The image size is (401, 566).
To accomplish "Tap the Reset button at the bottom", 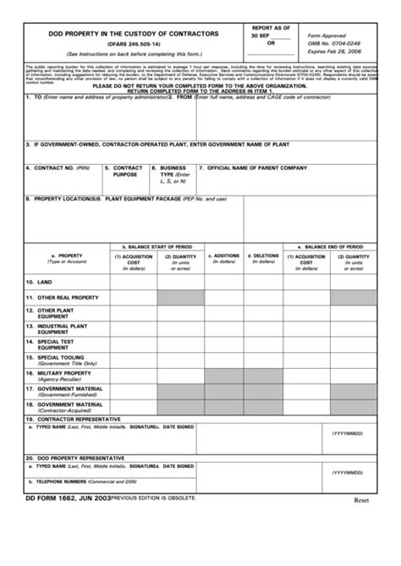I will pos(363,500).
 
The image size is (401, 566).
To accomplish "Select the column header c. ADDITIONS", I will pos(224,255).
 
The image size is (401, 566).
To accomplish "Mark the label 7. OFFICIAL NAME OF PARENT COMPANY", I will pos(253,168).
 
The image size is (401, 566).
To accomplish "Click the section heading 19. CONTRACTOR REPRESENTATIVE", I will pos(73,419).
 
